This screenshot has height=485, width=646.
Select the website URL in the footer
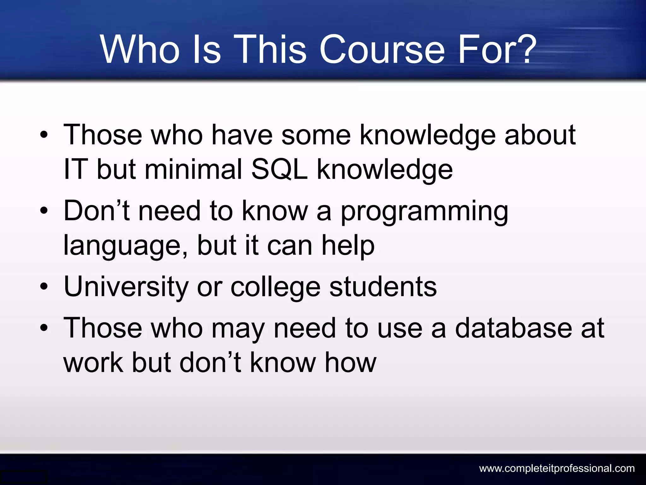(x=557, y=468)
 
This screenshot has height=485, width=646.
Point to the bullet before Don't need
(x=44, y=211)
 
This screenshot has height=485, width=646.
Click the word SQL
(x=279, y=169)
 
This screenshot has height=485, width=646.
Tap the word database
(x=513, y=328)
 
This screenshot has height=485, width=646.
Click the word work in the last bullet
(x=93, y=362)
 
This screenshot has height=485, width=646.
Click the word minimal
(x=193, y=169)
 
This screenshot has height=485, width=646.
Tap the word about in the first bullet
(x=540, y=135)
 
